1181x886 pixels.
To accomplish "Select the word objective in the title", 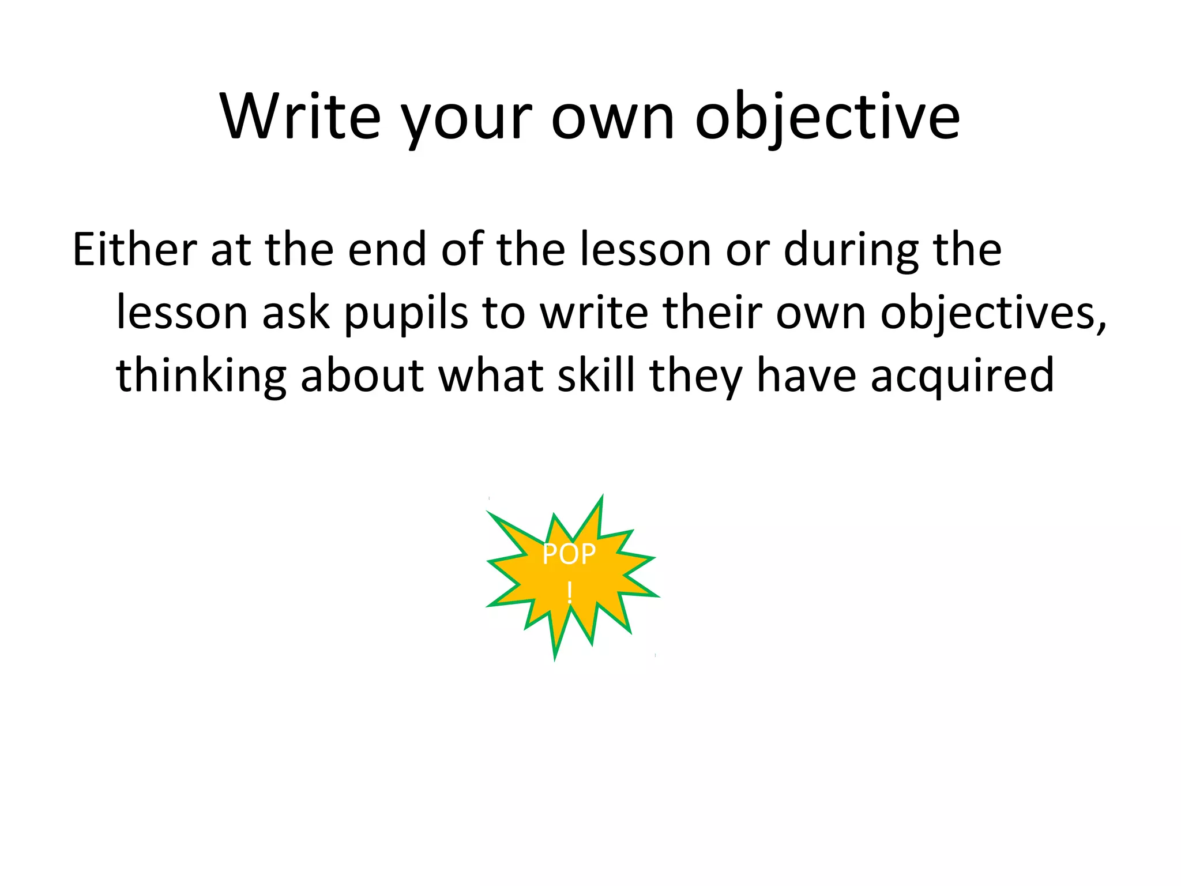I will pos(828,118).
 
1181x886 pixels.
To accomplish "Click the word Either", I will pos(134,250).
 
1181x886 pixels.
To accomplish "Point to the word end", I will pos(387,250).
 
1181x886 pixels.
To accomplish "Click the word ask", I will pos(296,313).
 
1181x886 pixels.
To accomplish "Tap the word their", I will pos(712,313).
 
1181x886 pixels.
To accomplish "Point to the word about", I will pos(362,376).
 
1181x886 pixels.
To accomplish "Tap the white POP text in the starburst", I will pos(569,554).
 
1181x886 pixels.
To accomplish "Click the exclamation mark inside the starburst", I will pos(570,592).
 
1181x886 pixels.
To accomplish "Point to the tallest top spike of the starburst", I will pos(601,500).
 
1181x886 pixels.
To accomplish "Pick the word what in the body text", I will pos(491,376).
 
